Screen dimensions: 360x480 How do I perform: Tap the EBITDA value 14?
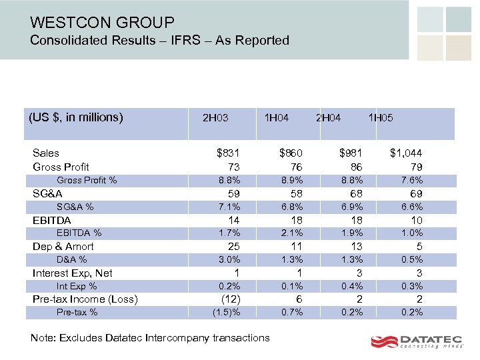tap(234, 220)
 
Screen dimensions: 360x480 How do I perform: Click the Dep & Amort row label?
tap(63, 247)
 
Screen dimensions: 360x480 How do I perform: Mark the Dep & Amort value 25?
tap(234, 247)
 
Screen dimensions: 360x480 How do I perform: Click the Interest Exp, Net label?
tap(72, 273)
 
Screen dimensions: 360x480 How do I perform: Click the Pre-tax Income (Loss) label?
tap(85, 299)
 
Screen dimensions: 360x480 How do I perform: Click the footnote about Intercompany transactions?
tap(150, 337)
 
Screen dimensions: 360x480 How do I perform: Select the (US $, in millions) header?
tap(76, 117)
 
